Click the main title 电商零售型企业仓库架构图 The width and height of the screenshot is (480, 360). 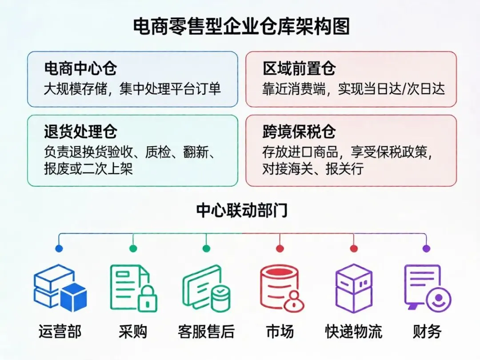(241, 27)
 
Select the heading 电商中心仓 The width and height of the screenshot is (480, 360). (80, 69)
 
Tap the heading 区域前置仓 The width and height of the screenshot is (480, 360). (299, 69)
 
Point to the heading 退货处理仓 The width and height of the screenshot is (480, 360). (80, 132)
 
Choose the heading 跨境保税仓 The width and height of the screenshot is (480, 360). (299, 132)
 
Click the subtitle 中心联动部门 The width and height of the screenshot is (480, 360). (242, 210)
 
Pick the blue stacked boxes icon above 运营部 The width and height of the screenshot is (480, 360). (60, 288)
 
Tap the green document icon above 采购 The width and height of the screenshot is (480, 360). (132, 288)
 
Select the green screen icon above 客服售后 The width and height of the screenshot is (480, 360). (207, 288)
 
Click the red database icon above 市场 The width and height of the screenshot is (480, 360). (280, 288)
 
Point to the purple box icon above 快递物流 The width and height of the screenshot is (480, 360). (354, 288)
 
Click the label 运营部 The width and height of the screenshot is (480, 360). (60, 332)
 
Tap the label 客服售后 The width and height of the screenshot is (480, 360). (206, 332)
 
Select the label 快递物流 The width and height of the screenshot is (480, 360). (354, 332)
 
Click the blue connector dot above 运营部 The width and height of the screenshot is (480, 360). (59, 248)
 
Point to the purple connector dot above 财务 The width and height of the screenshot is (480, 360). (426, 248)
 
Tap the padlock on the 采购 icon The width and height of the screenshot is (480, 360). (148, 300)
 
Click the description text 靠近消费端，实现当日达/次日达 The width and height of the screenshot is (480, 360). (353, 89)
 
